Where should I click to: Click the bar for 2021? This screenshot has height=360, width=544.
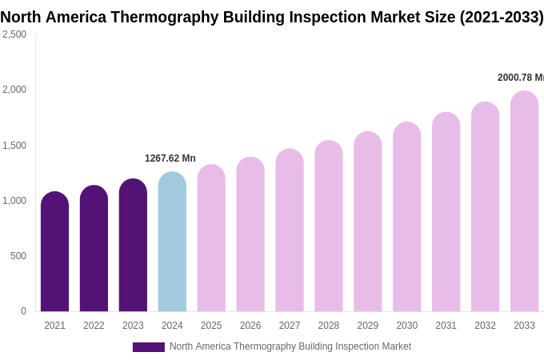pyautogui.click(x=54, y=252)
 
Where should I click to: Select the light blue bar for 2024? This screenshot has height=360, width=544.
pyautogui.click(x=172, y=242)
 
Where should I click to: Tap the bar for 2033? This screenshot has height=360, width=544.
pyautogui.click(x=524, y=202)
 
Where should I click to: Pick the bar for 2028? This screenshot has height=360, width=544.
pyautogui.click(x=329, y=226)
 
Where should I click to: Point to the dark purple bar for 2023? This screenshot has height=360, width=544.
pyautogui.click(x=133, y=246)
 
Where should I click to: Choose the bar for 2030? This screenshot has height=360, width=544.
pyautogui.click(x=406, y=217)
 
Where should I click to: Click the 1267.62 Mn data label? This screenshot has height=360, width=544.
pyautogui.click(x=170, y=158)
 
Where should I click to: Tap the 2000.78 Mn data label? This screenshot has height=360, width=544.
pyautogui.click(x=520, y=78)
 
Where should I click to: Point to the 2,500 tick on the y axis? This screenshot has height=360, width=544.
pyautogui.click(x=14, y=34)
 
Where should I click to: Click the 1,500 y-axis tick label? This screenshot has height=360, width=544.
pyautogui.click(x=14, y=146)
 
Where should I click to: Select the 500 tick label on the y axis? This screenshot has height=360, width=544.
pyautogui.click(x=18, y=256)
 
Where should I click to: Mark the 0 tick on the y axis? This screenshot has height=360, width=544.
pyautogui.click(x=23, y=311)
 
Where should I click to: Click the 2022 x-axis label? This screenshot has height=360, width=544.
pyautogui.click(x=94, y=326)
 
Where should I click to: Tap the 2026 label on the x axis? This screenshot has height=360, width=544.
pyautogui.click(x=250, y=326)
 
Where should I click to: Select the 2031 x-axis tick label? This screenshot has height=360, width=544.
pyautogui.click(x=446, y=326)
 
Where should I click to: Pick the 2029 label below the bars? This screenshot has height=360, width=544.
pyautogui.click(x=368, y=326)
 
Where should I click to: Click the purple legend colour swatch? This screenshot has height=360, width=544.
pyautogui.click(x=148, y=347)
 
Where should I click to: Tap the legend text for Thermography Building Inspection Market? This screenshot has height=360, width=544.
pyautogui.click(x=290, y=346)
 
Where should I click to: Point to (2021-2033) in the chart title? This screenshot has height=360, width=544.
pyautogui.click(x=501, y=17)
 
